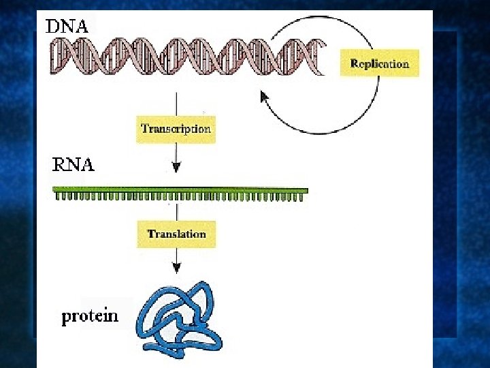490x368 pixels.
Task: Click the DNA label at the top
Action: click(67, 27)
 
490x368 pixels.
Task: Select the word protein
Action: click(90, 316)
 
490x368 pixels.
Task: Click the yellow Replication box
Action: click(379, 63)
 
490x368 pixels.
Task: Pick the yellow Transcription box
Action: click(176, 128)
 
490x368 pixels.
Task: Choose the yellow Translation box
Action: click(176, 234)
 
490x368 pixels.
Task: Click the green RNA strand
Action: click(180, 191)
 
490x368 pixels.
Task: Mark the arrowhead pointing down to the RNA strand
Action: click(176, 168)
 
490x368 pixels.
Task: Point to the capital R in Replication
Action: click(354, 64)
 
